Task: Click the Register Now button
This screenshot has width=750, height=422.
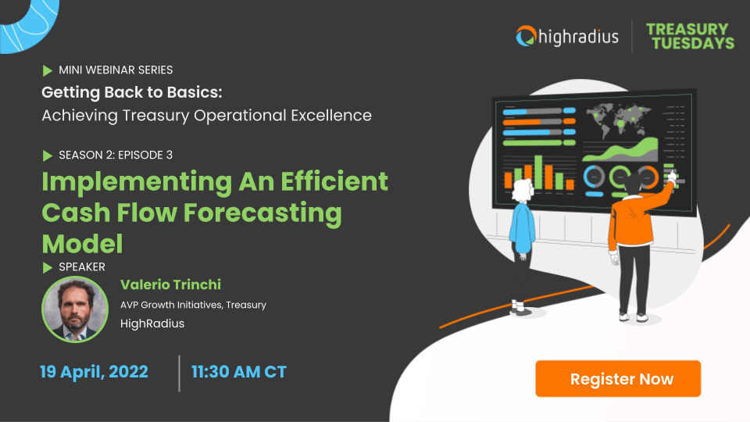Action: click(618, 379)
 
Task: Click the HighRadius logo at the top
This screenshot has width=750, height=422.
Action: click(567, 35)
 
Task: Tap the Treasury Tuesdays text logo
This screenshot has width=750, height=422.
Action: click(690, 36)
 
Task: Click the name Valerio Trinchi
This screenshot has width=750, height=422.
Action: click(171, 284)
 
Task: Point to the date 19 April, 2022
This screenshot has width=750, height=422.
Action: click(94, 372)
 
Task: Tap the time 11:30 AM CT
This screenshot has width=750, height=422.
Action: click(239, 372)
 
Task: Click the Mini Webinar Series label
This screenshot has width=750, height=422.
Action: click(116, 70)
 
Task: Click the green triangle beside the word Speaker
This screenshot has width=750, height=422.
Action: click(48, 267)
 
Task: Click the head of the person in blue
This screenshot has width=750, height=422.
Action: click(522, 187)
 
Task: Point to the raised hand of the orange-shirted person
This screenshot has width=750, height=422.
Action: click(670, 177)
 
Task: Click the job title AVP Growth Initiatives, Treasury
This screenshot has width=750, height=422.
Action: click(193, 305)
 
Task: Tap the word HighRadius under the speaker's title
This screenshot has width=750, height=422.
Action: click(152, 323)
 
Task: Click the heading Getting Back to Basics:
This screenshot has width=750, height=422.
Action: click(132, 92)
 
